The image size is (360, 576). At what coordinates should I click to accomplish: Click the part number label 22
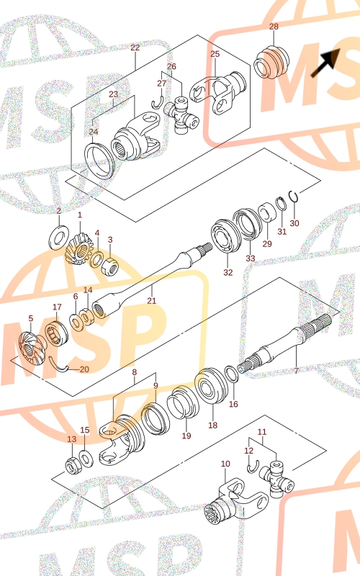click(x=135, y=48)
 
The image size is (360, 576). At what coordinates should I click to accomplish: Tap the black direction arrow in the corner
click(x=325, y=63)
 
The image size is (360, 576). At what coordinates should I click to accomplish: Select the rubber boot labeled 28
click(x=272, y=62)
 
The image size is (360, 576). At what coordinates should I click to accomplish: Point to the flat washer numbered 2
click(x=59, y=238)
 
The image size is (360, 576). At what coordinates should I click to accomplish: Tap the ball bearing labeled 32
click(x=226, y=236)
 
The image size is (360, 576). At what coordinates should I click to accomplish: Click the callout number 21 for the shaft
click(x=152, y=300)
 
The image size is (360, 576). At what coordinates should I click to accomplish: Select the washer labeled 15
click(x=86, y=459)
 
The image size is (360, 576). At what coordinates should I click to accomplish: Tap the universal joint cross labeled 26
click(x=181, y=115)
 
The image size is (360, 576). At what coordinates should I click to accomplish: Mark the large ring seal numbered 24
click(x=99, y=161)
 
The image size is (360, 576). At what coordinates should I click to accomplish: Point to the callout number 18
click(x=212, y=425)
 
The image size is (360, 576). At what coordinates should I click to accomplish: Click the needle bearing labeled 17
click(x=57, y=333)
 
